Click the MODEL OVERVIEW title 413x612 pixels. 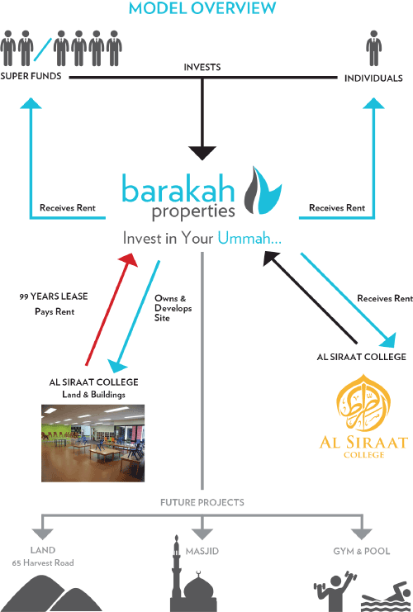(202, 8)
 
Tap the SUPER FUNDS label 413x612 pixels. (31, 76)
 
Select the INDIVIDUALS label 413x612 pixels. (373, 78)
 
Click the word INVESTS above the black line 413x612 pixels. (202, 67)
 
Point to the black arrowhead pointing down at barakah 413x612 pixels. (202, 153)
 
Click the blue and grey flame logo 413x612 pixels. (263, 191)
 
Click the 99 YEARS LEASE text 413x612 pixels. (54, 297)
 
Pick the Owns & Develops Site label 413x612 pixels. (173, 308)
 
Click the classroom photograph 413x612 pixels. (93, 443)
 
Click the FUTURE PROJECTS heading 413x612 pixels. (202, 502)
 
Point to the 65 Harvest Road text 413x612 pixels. (43, 562)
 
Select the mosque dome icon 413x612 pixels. (199, 591)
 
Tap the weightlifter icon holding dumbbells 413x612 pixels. (335, 591)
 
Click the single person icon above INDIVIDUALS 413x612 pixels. (373, 48)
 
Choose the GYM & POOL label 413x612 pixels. (362, 551)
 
